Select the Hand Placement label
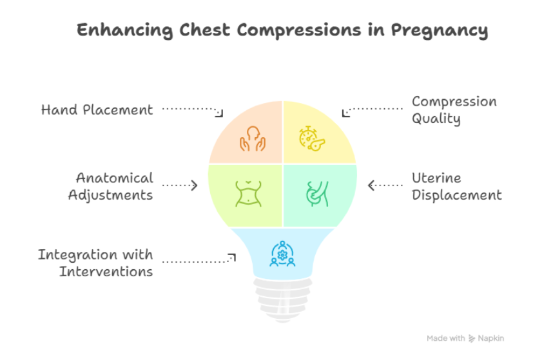point(97,109)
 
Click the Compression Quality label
point(454,110)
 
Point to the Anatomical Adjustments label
point(110,186)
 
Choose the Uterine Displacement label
point(456,186)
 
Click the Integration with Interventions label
point(95,263)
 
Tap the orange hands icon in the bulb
point(253,137)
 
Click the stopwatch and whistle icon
point(311,138)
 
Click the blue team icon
point(282,254)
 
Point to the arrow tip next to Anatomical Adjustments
point(195,185)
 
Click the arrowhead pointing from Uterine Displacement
point(371,185)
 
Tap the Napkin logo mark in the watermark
point(472,338)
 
